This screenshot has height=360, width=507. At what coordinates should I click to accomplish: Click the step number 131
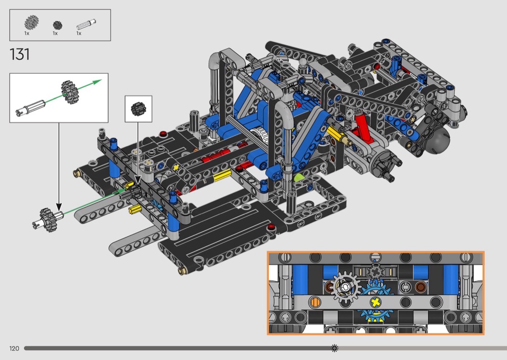coord(20,55)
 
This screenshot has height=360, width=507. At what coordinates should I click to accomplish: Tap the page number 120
coord(14,348)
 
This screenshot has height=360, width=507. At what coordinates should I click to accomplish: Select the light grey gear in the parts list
coord(32,23)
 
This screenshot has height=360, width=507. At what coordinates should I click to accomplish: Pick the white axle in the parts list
coord(86,25)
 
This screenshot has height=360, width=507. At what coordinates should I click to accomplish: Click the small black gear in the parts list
coord(57,25)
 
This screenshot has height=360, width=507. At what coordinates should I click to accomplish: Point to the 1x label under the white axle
coord(79,33)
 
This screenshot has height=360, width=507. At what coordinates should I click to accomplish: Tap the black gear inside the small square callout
coord(139,109)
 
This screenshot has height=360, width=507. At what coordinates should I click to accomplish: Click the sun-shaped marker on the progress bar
coord(335,348)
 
